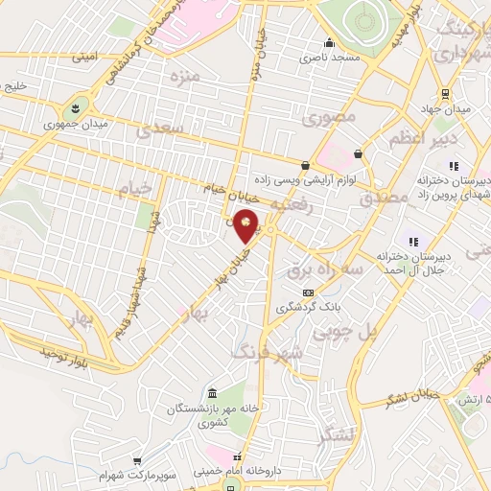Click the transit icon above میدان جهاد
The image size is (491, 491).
(446, 93)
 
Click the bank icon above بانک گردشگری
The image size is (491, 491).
(307, 292)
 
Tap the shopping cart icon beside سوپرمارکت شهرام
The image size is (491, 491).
(137, 461)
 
